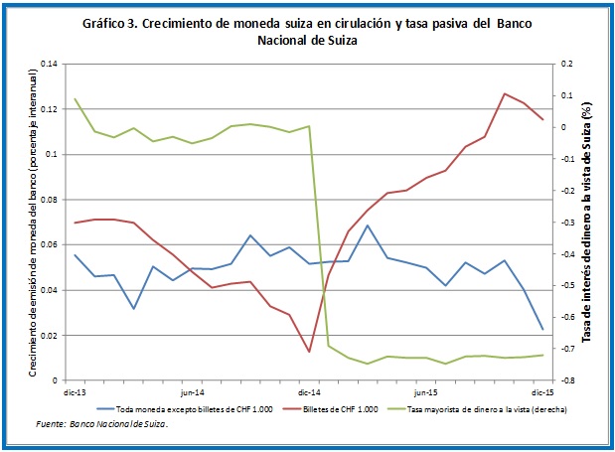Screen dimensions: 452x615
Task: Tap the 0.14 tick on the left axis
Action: point(49,65)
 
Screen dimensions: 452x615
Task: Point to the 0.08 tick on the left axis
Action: point(49,200)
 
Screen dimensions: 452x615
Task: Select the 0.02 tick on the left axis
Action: point(49,336)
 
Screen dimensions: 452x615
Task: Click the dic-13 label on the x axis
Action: point(75,393)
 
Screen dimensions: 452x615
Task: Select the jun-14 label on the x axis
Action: point(192,393)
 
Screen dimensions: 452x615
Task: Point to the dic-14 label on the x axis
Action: point(309,393)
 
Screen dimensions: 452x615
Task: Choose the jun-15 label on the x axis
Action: point(426,393)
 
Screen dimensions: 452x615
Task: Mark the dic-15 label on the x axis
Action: point(542,393)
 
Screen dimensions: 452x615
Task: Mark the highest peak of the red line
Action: point(505,93)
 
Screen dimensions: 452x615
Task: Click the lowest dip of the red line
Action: point(309,352)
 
